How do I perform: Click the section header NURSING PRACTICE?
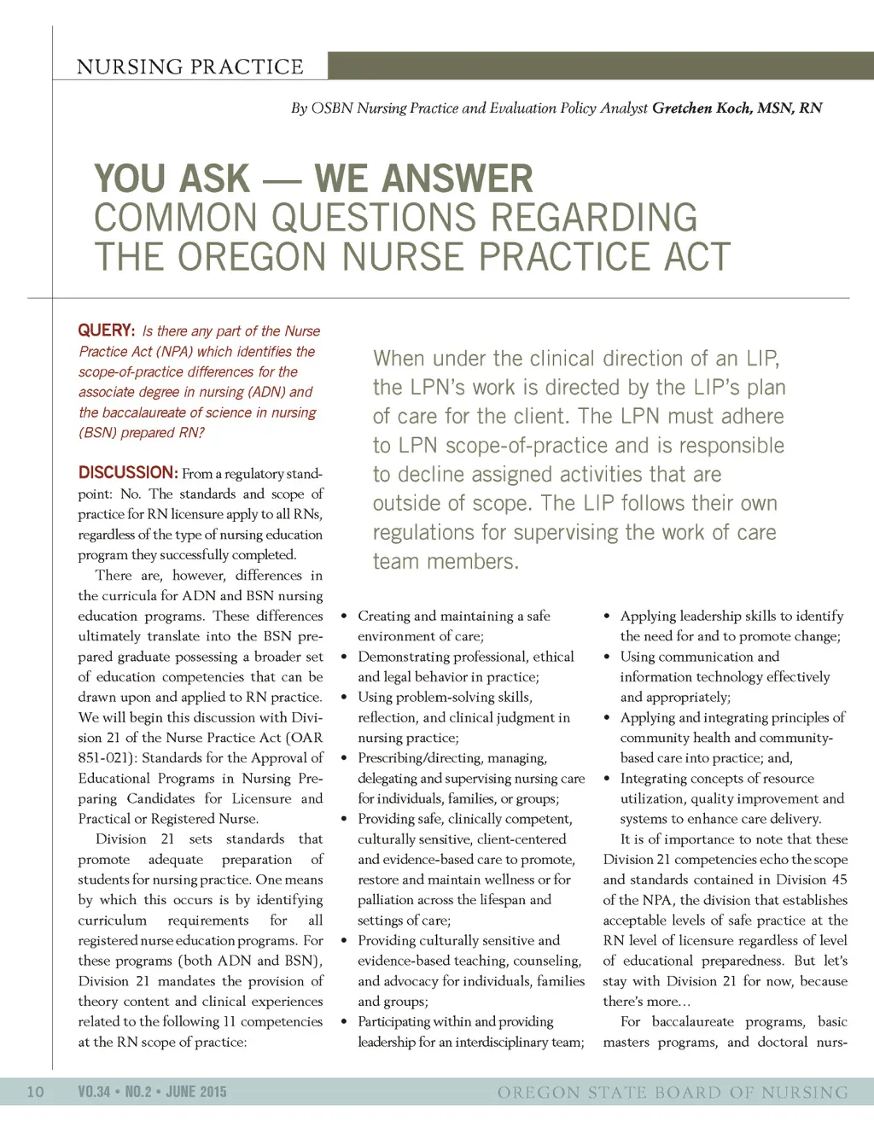(x=189, y=67)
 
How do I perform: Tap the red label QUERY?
(x=107, y=330)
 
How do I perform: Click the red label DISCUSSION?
(x=128, y=472)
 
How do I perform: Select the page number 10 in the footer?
(x=36, y=1091)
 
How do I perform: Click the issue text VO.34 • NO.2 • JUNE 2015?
(x=152, y=1091)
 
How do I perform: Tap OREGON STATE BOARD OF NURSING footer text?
(x=673, y=1092)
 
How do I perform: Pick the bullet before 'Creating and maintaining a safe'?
(x=344, y=617)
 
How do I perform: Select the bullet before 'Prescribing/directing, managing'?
(x=344, y=758)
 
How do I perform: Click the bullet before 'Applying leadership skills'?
(x=607, y=617)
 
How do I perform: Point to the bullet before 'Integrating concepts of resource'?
(x=607, y=779)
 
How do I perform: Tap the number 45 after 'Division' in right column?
(x=839, y=879)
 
